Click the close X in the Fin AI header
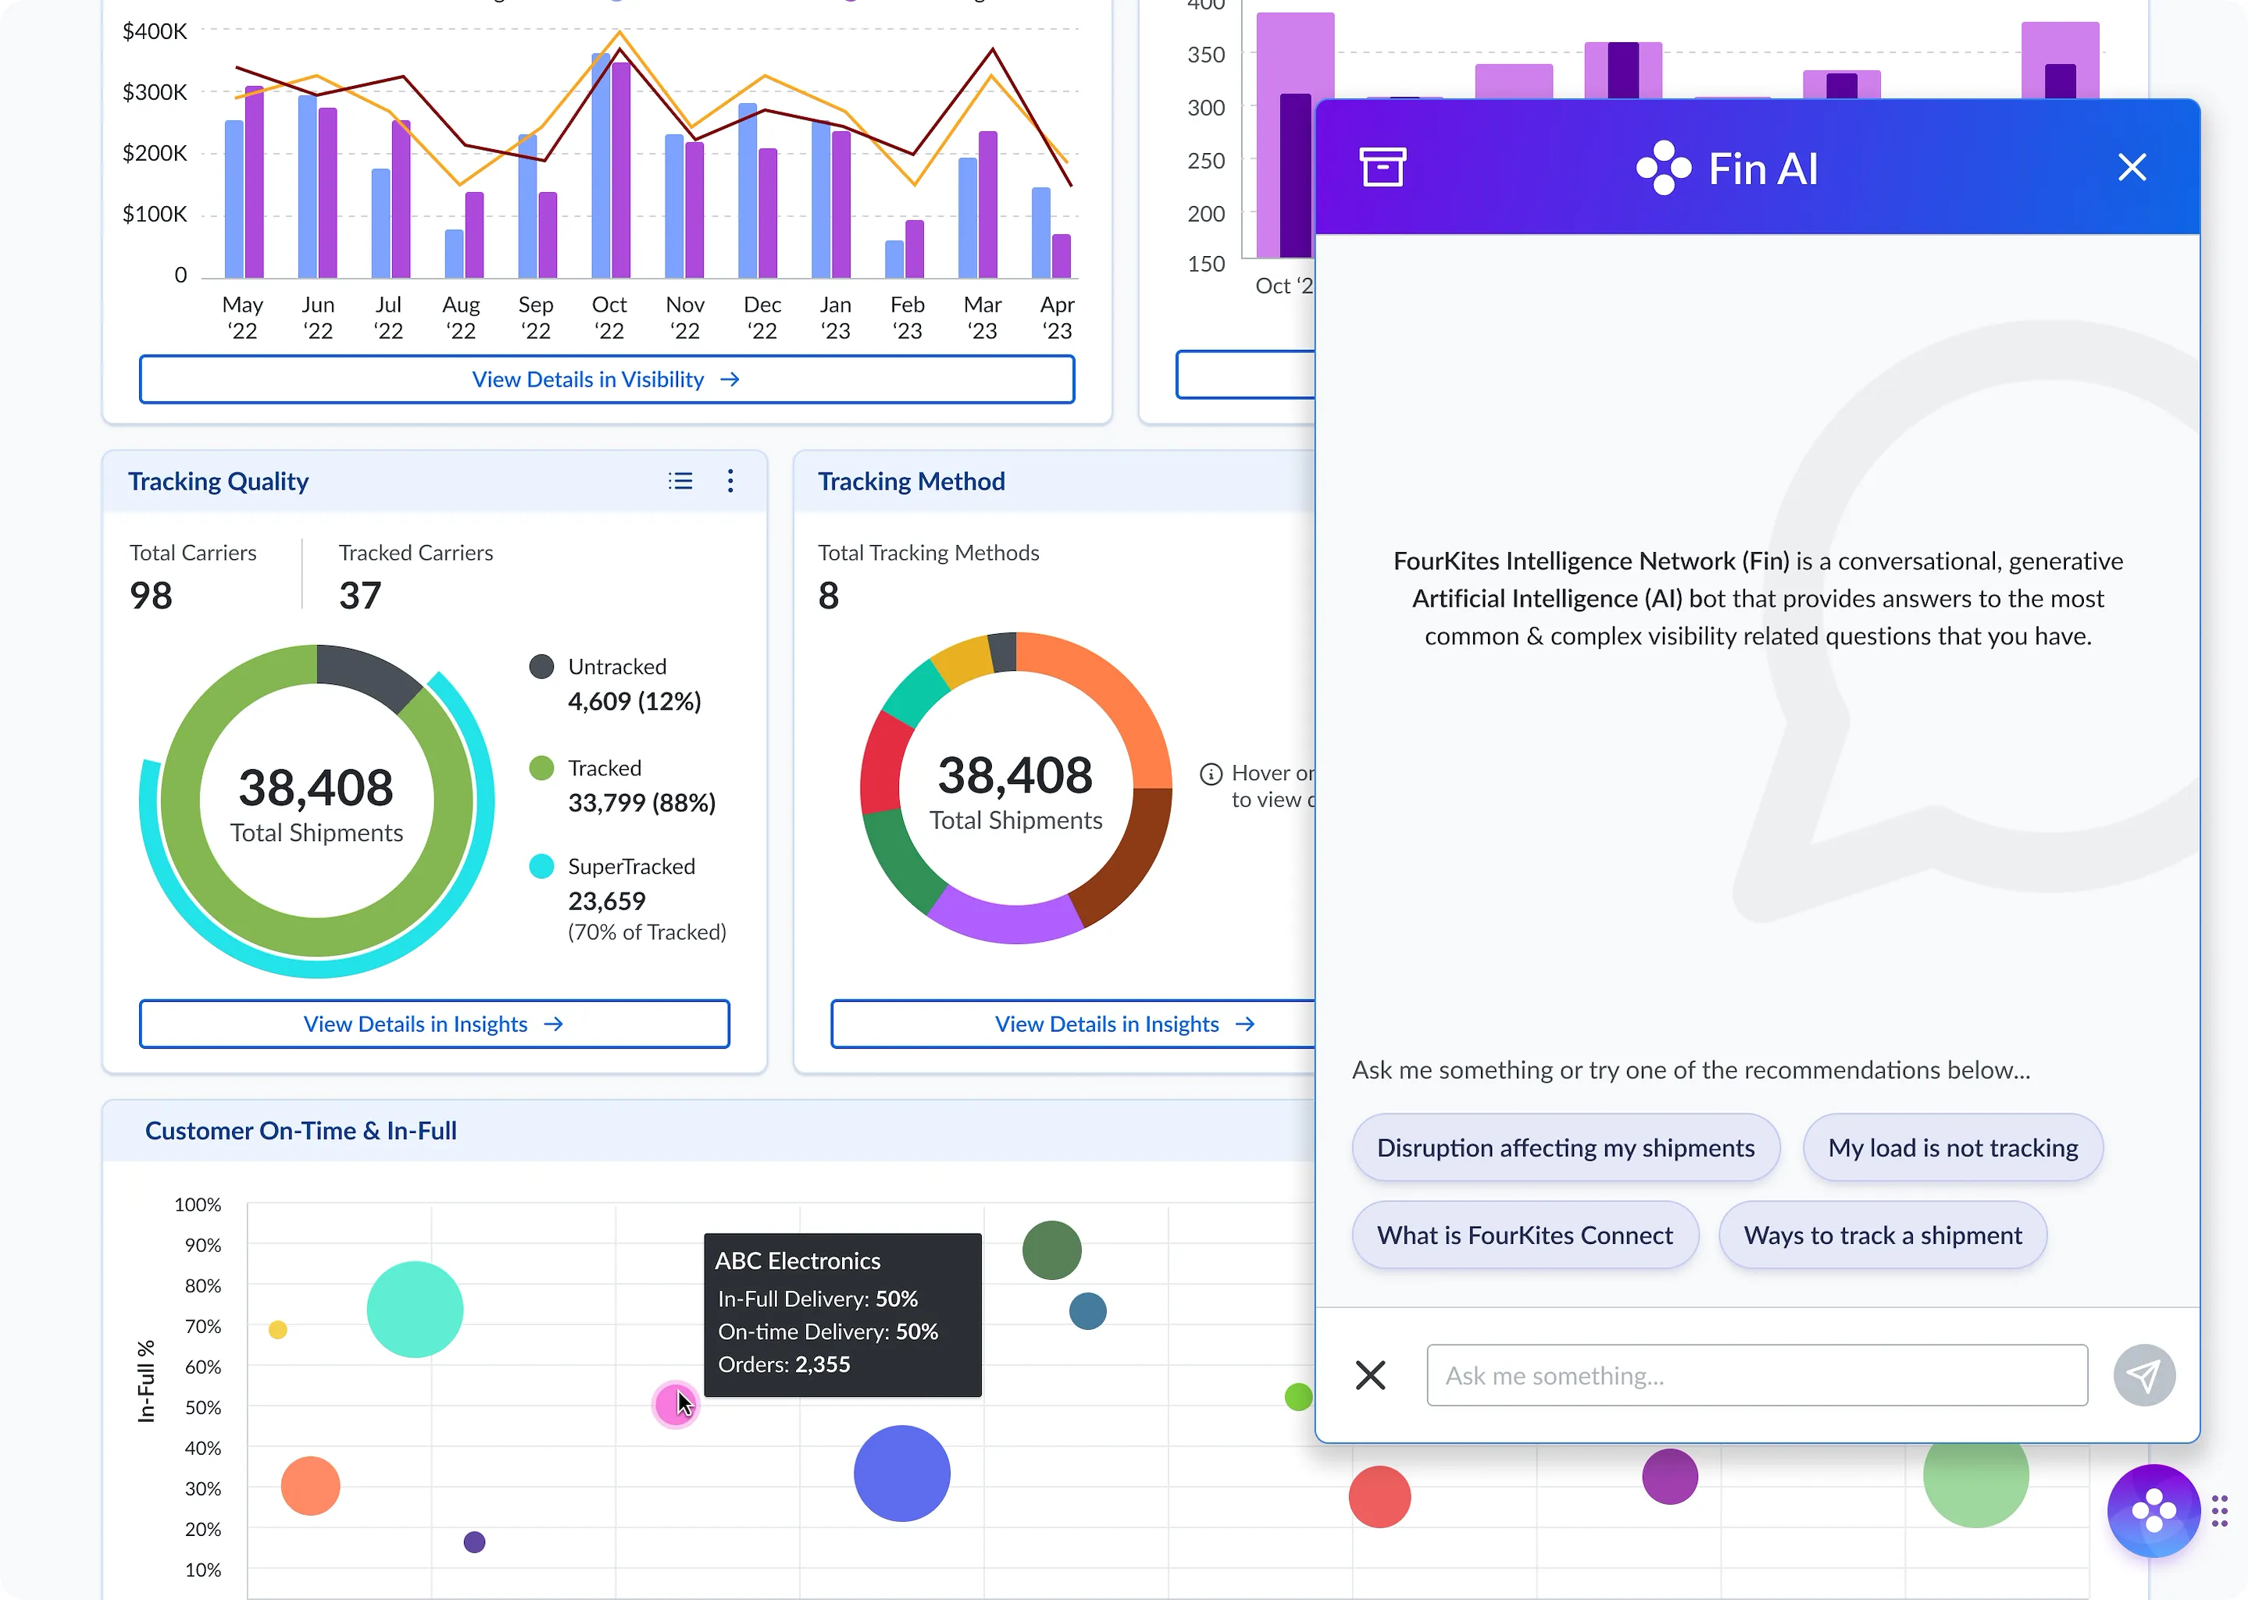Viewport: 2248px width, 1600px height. (2132, 167)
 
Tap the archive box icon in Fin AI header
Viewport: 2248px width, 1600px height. (1383, 166)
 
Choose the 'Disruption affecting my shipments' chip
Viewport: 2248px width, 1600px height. (1566, 1148)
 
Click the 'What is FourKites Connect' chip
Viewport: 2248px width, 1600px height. (1525, 1235)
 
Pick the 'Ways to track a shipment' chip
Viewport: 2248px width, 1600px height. (1882, 1235)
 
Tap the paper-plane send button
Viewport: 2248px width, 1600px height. (2143, 1375)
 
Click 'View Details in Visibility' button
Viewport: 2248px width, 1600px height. (607, 380)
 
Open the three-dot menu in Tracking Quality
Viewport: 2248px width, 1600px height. (730, 481)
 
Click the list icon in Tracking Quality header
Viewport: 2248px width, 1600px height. (680, 481)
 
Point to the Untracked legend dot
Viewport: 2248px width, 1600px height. (541, 667)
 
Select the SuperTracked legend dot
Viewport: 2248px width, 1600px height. (541, 866)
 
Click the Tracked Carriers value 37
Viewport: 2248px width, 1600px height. (360, 595)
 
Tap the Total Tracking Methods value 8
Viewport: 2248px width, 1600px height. (829, 595)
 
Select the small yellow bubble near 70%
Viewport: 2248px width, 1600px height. (278, 1330)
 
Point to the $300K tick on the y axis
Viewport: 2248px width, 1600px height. (155, 91)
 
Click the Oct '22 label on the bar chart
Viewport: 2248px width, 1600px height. (609, 317)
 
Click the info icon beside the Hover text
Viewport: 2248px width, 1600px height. (1211, 775)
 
